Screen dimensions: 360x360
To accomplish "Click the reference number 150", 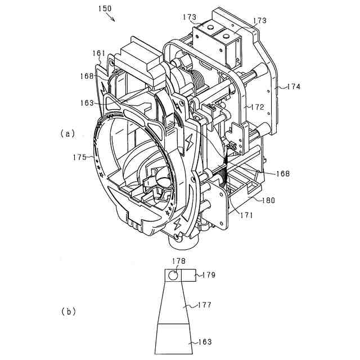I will (x=104, y=10).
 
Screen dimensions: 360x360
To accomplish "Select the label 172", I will (x=258, y=106).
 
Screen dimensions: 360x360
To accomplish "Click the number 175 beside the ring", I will (x=80, y=157).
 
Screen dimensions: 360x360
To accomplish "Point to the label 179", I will (x=208, y=275).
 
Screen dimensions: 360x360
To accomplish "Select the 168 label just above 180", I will (x=283, y=174).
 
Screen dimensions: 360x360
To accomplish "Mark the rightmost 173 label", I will (x=260, y=20).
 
